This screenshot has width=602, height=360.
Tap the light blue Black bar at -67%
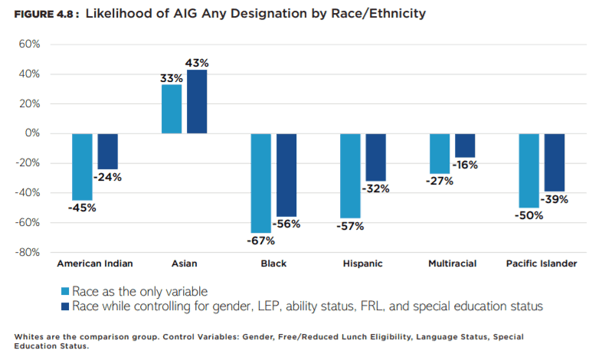click(261, 183)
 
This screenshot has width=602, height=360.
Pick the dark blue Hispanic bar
click(375, 157)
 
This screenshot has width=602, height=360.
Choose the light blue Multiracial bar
click(440, 153)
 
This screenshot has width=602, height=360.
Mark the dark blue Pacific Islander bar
click(554, 162)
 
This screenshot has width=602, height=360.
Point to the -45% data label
click(82, 208)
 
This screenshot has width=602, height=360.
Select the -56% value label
click(287, 224)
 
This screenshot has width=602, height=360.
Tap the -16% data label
click(466, 165)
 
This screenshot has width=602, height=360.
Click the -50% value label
click(528, 215)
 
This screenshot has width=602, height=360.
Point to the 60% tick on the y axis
click(28, 44)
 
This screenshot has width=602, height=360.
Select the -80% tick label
click(27, 252)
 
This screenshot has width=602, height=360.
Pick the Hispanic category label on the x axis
click(363, 263)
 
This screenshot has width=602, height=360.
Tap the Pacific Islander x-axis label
click(541, 263)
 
